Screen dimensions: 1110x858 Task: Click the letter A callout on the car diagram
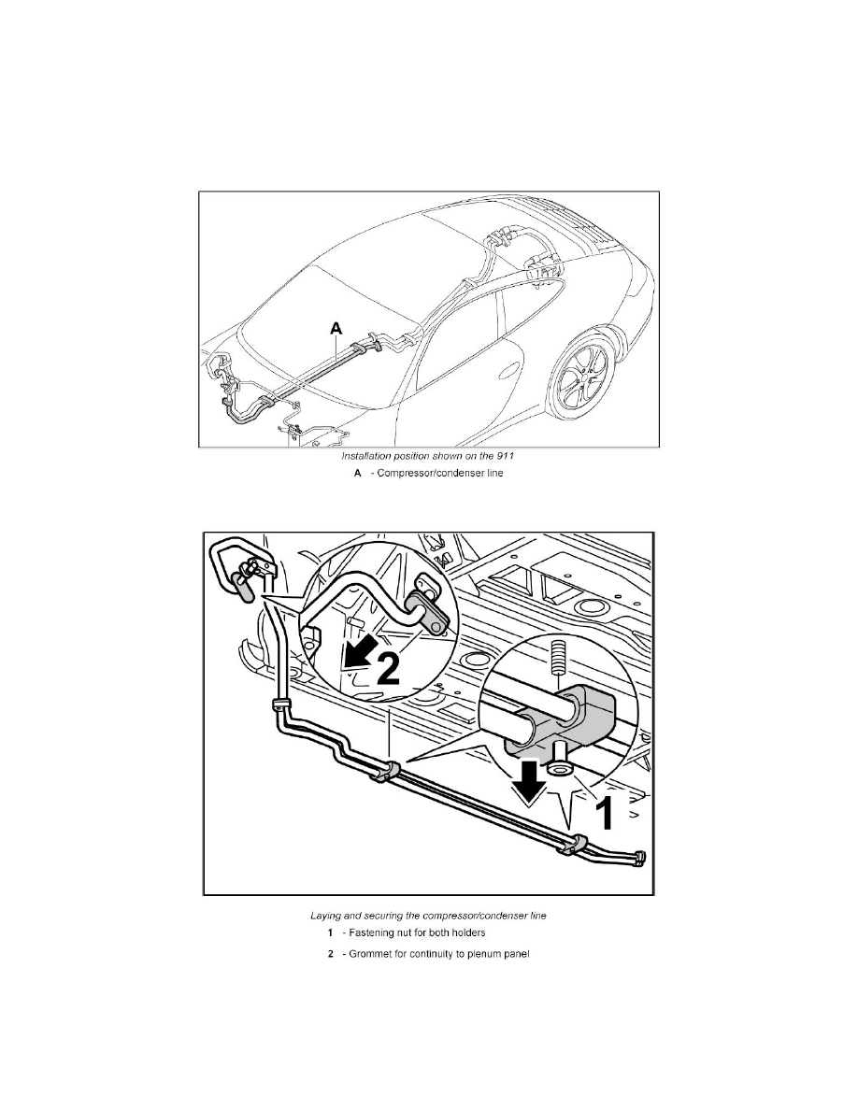tap(336, 328)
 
